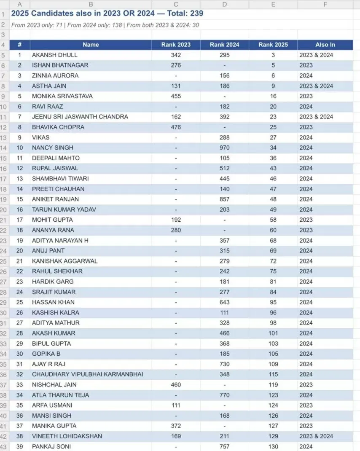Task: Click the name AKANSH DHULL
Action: (55, 55)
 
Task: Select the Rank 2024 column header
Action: (224, 45)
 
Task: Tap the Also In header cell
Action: (325, 45)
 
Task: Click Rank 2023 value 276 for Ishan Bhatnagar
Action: (176, 65)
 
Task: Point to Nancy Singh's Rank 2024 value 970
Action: (225, 148)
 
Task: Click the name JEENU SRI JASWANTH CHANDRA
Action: (80, 117)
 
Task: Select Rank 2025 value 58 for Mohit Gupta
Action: (273, 220)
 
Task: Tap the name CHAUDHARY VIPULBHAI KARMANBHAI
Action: (87, 374)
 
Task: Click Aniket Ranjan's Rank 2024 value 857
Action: (225, 199)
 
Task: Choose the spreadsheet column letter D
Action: (224, 5)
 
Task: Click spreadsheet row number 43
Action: (3, 446)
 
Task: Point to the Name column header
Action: (91, 45)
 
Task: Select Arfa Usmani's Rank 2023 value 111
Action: (176, 405)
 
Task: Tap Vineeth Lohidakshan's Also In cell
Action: (316, 436)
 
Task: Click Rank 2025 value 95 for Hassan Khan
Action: (273, 302)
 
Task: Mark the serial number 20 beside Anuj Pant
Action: (19, 251)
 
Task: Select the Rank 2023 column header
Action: (176, 45)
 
